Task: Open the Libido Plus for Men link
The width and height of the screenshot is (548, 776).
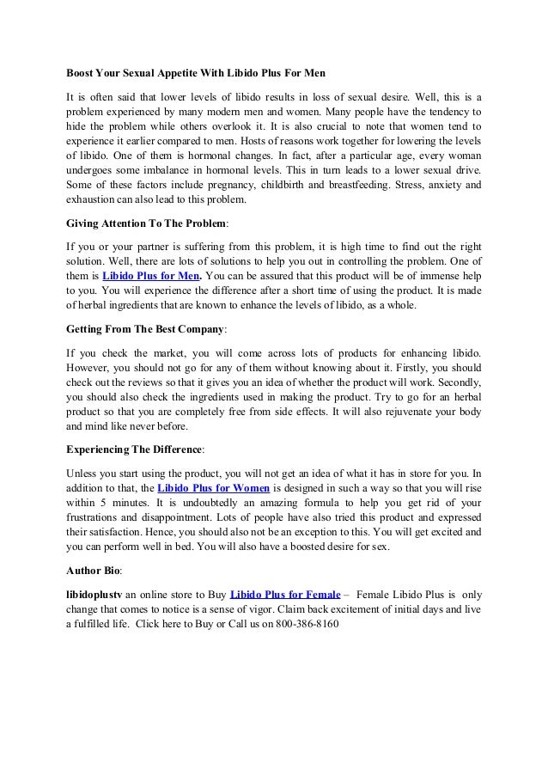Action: [x=151, y=276]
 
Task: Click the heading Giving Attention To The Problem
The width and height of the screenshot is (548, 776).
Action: [x=146, y=223]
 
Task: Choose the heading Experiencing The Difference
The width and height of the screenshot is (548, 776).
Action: [x=134, y=449]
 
